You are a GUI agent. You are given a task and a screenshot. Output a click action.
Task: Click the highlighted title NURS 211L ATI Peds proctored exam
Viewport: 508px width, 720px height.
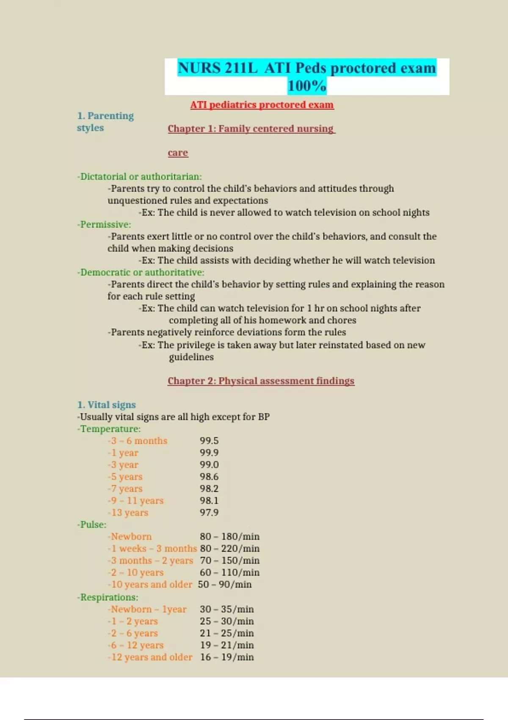tap(306, 68)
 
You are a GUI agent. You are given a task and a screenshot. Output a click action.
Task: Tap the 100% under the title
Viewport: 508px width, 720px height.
tap(306, 86)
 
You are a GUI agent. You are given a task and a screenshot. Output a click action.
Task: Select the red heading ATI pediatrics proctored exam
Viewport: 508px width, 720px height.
tap(262, 105)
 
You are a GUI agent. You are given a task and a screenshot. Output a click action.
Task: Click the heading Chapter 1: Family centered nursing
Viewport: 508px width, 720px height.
tap(251, 129)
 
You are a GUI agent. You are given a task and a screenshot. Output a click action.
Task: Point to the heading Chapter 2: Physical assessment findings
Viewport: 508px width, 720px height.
tap(261, 381)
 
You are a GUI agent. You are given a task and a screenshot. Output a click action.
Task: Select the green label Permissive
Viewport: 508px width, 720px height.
tap(105, 224)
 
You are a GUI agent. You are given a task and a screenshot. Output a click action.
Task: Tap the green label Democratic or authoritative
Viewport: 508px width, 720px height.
tap(141, 272)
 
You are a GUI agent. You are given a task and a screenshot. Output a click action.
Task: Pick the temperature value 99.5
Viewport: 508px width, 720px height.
tap(209, 441)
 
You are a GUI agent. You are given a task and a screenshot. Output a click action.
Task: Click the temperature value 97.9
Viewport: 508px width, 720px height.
tap(209, 512)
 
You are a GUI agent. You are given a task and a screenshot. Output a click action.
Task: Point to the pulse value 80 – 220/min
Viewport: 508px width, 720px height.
tap(229, 548)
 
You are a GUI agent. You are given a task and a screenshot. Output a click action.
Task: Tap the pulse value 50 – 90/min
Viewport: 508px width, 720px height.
tap(224, 584)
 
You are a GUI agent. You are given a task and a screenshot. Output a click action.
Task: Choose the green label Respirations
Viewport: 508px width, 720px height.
tap(108, 597)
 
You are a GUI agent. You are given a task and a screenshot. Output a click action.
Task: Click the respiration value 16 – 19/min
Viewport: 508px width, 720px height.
tap(227, 657)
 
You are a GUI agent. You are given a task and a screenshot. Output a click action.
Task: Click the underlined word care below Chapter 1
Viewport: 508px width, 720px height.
tap(178, 153)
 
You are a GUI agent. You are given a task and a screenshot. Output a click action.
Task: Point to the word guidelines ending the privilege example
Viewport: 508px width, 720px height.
tap(191, 357)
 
